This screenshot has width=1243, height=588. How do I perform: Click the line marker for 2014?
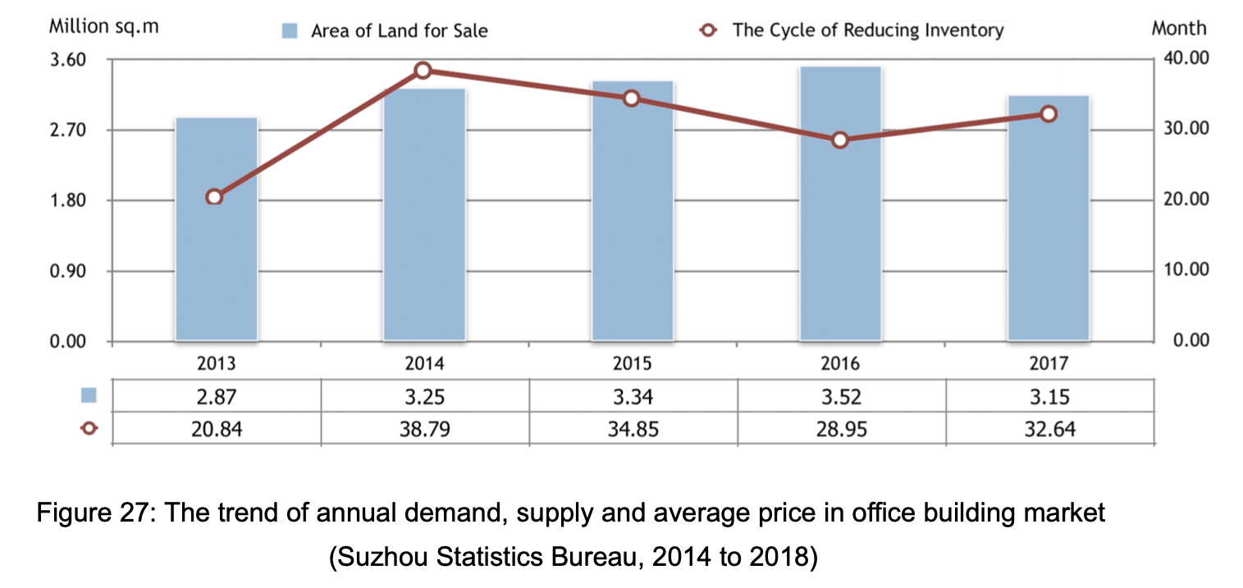(x=423, y=71)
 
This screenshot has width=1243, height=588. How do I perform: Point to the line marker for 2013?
(x=214, y=197)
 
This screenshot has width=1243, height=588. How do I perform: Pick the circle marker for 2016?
(x=839, y=139)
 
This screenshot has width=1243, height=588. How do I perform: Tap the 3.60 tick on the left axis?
(x=70, y=60)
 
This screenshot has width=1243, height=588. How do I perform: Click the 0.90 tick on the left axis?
(x=70, y=271)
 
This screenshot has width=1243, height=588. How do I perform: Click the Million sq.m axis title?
(x=103, y=26)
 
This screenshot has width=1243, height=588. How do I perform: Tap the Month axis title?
(x=1179, y=28)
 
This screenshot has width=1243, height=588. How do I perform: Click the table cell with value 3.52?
(x=840, y=398)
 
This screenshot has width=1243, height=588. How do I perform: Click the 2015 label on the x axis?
(x=632, y=363)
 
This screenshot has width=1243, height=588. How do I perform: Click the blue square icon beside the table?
(x=89, y=396)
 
